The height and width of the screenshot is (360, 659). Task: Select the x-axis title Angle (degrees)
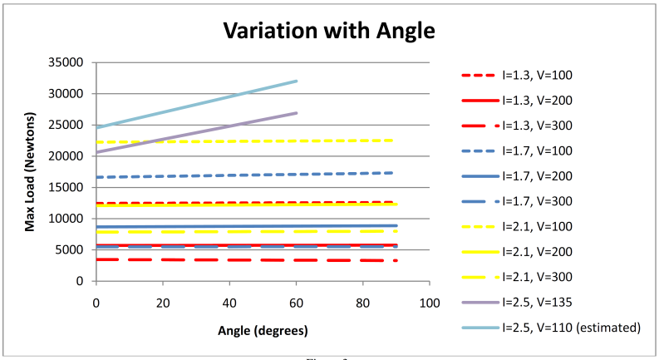coord(263,330)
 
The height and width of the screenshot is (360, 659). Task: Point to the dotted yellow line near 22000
coord(249,141)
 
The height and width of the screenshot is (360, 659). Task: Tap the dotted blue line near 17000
coord(249,175)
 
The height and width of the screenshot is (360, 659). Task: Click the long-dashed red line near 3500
coord(249,260)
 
